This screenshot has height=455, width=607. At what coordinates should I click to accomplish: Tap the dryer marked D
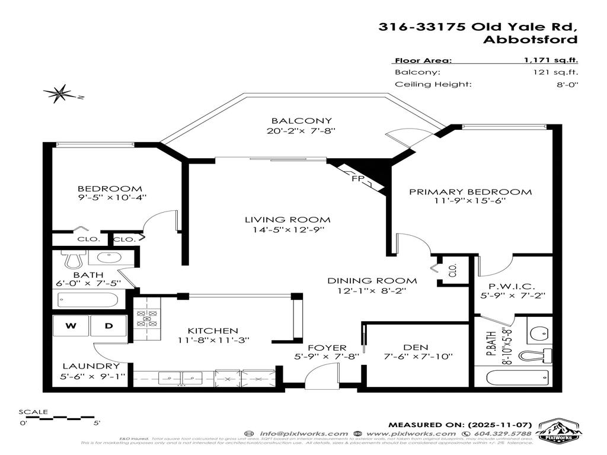coord(108,325)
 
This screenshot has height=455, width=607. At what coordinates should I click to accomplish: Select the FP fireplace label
coord(357,178)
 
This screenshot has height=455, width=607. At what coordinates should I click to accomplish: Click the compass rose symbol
coord(59,94)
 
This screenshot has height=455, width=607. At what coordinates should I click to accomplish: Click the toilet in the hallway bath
coord(74,258)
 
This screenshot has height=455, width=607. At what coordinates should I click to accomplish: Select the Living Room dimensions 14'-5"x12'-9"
coord(287,229)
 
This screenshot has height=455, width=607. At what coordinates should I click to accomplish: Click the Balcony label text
coord(302,121)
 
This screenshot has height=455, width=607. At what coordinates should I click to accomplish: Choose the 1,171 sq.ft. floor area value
coord(551,60)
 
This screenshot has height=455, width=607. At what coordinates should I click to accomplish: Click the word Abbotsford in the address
coord(529,40)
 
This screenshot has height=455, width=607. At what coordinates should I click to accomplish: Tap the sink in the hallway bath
coord(108,258)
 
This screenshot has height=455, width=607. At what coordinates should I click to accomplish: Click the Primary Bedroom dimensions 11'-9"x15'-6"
coord(469,201)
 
